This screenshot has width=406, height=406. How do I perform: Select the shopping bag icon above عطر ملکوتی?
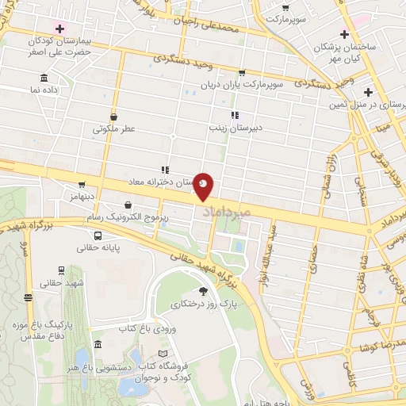114,115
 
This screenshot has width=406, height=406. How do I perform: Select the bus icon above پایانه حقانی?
98,236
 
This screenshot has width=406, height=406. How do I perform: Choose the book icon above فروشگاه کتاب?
163,354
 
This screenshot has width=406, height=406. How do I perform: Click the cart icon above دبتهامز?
82,184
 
